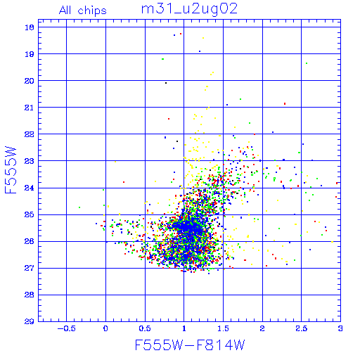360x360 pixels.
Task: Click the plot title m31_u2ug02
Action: pyautogui.click(x=189, y=9)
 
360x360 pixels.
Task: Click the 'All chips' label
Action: pyautogui.click(x=83, y=11)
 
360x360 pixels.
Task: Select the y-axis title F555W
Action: pyautogui.click(x=11, y=170)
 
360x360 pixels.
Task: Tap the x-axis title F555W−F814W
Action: pyautogui.click(x=190, y=345)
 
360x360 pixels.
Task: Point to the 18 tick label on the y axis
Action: pyautogui.click(x=30, y=27)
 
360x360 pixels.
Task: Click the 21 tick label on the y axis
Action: pyautogui.click(x=30, y=108)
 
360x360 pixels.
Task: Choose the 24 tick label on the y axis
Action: pyautogui.click(x=30, y=188)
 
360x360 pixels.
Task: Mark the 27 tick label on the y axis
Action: pyautogui.click(x=30, y=268)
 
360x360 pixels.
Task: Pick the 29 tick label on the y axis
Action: pyautogui.click(x=30, y=321)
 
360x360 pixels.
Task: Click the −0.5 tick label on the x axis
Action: pyautogui.click(x=67, y=328)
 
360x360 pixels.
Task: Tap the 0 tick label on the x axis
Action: pyautogui.click(x=105, y=328)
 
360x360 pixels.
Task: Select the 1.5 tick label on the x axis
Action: pyautogui.click(x=223, y=328)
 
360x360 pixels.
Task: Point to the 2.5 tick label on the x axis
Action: pyautogui.click(x=302, y=328)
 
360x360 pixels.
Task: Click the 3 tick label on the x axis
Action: pyautogui.click(x=340, y=328)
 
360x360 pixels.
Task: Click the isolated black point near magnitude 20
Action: pyautogui.click(x=166, y=83)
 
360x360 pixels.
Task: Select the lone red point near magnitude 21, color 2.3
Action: pyautogui.click(x=285, y=103)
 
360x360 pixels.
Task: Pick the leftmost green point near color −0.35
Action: pyautogui.click(x=79, y=207)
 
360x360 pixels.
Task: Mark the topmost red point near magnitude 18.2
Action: pyautogui.click(x=181, y=34)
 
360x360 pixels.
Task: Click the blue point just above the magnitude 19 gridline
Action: pyautogui.click(x=200, y=51)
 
